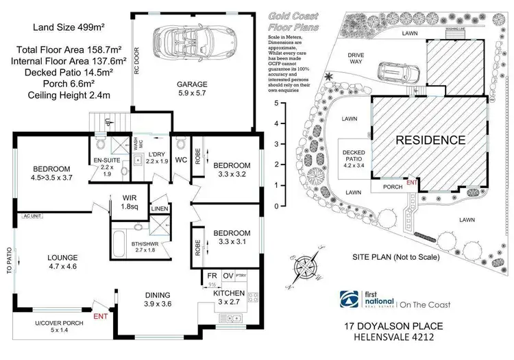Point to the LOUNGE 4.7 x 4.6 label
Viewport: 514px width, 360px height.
click(62, 263)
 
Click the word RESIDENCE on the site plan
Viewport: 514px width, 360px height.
click(430, 140)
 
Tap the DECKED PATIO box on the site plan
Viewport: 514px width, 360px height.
click(355, 157)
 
